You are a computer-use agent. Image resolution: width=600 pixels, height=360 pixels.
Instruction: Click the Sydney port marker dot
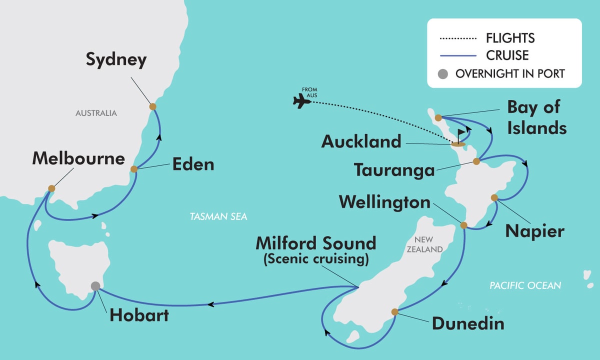tap(152, 106)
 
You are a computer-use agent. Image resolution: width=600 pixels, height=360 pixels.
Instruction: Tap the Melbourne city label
tap(78, 159)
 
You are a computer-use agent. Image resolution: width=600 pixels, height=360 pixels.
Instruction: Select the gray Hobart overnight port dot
tap(95, 286)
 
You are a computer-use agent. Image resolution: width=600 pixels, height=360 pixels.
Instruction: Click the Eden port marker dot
tap(134, 169)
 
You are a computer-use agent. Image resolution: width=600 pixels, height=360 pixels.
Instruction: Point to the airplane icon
tap(301, 101)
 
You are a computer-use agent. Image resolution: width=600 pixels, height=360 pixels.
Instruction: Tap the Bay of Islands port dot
tap(438, 118)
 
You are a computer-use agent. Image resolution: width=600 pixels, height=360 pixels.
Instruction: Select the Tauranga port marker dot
tap(476, 161)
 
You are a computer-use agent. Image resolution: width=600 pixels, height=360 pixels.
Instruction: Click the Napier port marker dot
tap(494, 197)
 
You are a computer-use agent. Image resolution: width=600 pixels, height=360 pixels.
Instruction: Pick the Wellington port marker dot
tap(463, 225)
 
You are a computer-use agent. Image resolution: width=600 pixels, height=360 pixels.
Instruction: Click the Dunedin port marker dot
tap(394, 312)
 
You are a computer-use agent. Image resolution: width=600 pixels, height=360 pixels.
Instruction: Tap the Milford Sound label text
tap(315, 243)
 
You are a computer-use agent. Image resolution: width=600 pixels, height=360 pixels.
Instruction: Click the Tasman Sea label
tap(218, 216)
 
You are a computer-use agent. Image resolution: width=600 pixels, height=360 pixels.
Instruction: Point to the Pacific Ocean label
tap(525, 285)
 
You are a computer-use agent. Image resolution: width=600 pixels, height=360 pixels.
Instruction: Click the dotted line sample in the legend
tap(457, 38)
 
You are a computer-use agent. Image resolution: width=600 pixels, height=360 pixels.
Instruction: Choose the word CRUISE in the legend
tap(507, 54)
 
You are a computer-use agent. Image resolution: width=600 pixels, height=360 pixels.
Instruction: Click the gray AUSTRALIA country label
tap(96, 113)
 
